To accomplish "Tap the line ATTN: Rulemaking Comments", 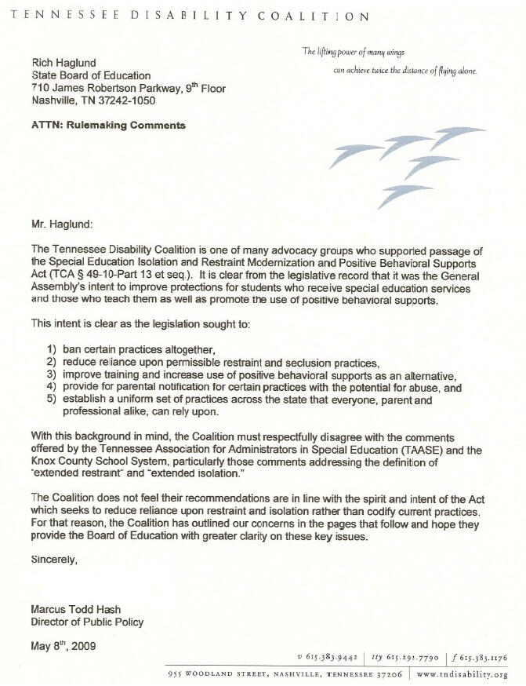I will pos(108,125).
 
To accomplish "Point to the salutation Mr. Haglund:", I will pos(62,223).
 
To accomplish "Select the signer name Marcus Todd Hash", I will pos(81,609).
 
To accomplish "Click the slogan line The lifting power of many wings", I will pos(353,52).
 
